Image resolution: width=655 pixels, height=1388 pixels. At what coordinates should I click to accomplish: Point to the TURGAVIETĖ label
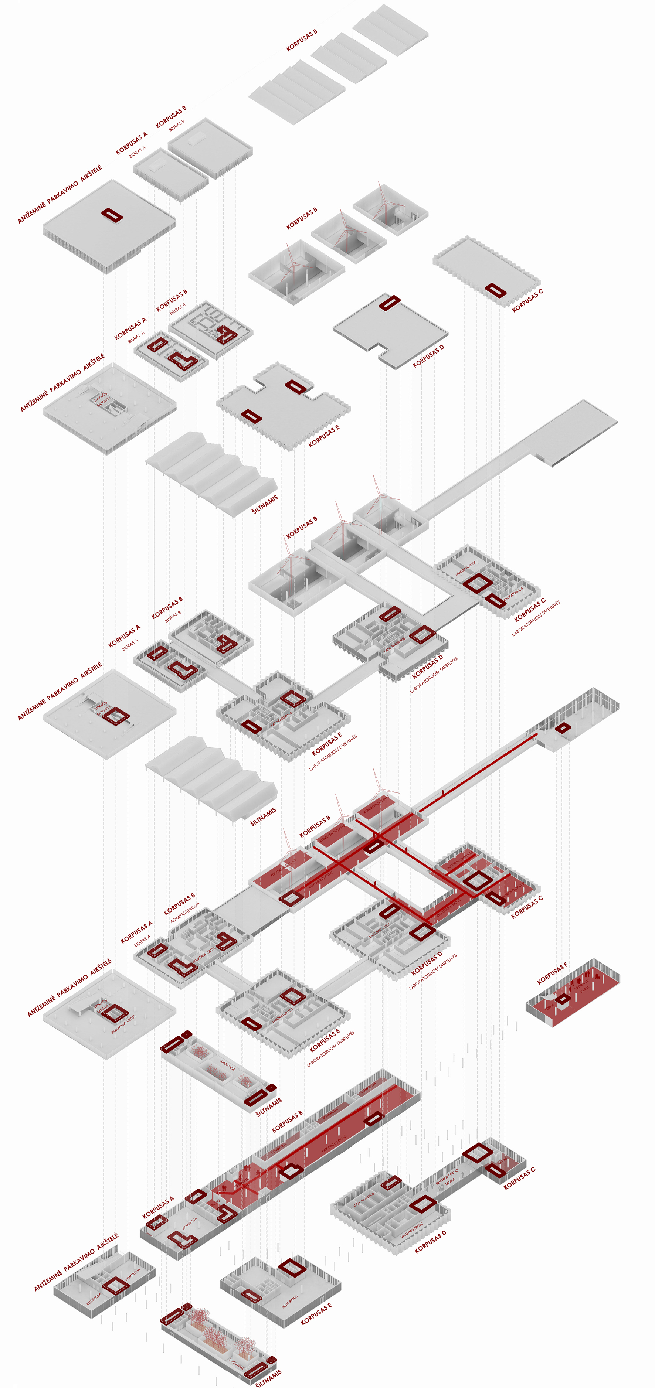227,1064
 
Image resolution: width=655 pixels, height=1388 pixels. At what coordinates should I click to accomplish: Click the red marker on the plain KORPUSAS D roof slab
389,303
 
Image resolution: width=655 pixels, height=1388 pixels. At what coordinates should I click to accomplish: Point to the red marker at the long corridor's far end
562,728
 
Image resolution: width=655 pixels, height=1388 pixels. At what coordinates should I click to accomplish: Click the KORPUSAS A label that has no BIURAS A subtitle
158,1207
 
